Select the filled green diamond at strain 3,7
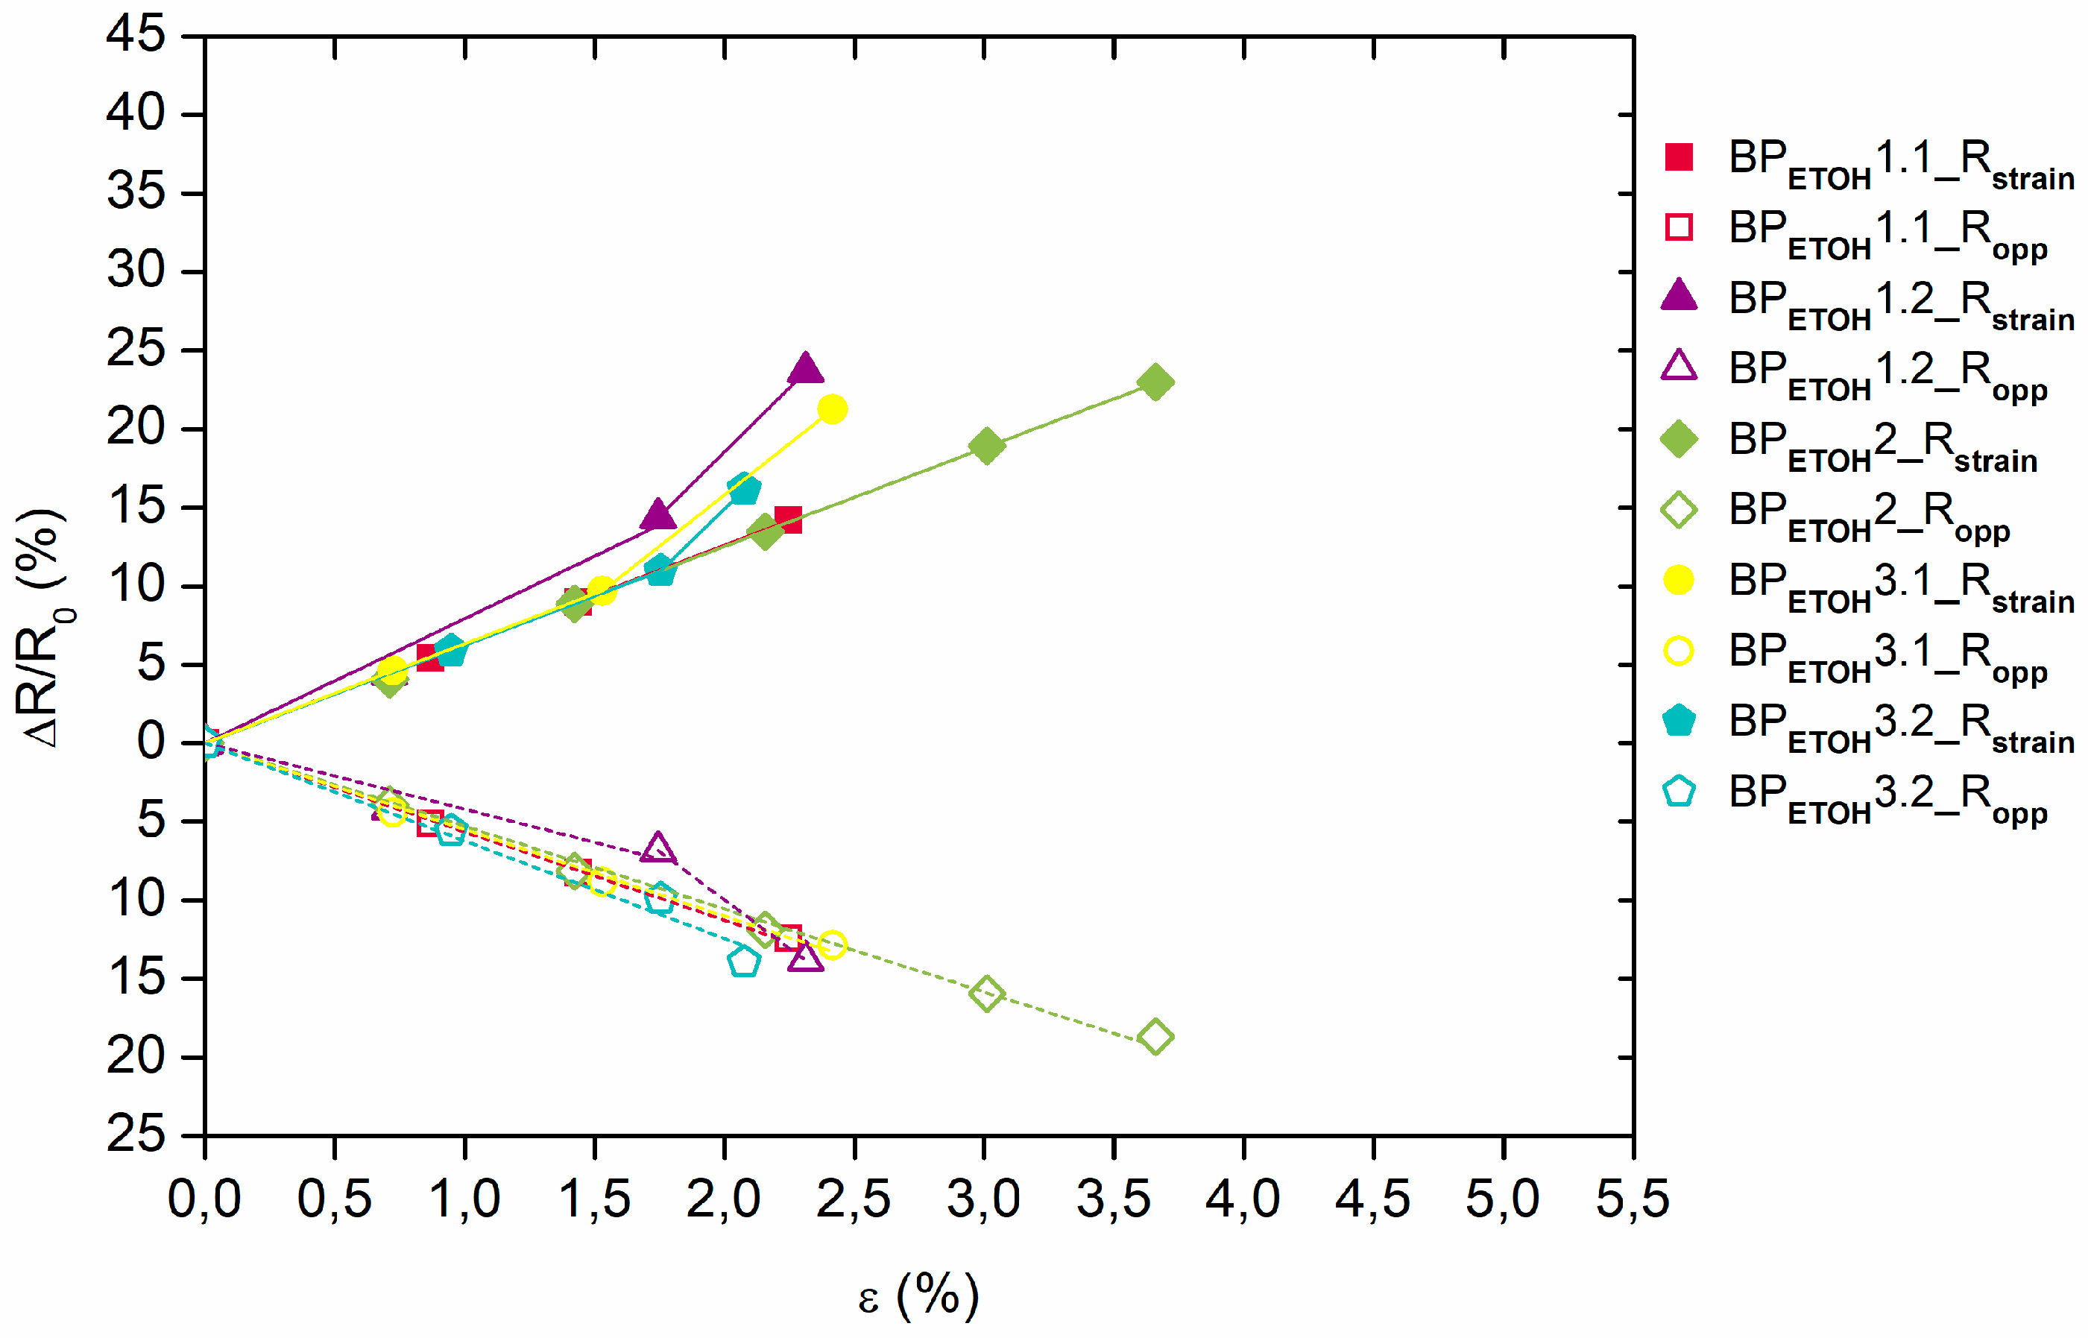1155,382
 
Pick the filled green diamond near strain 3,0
986,446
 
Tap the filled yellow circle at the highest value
832,409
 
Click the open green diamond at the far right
1155,1037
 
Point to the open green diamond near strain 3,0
986,993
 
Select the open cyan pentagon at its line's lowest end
744,962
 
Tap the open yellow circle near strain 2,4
832,944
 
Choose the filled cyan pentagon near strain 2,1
744,489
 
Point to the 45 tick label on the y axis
136,37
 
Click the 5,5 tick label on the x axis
1633,1199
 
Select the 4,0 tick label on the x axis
1243,1199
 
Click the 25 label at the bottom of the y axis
136,1135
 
